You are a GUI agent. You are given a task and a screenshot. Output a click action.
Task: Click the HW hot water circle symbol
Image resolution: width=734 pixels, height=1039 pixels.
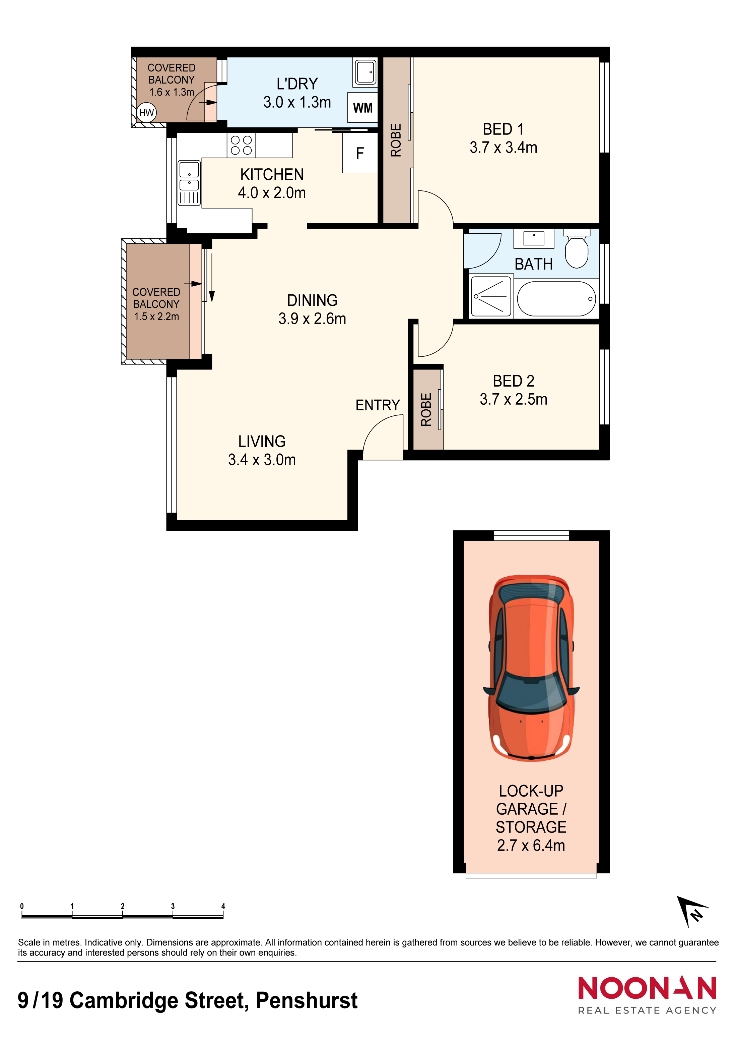pyautogui.click(x=146, y=113)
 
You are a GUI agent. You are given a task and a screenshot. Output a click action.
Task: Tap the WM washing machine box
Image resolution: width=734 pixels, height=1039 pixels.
pyautogui.click(x=362, y=108)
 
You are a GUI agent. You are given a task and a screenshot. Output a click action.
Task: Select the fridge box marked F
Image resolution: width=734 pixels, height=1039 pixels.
pyautogui.click(x=360, y=153)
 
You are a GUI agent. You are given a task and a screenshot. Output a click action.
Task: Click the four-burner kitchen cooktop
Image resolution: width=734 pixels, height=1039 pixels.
pyautogui.click(x=241, y=145)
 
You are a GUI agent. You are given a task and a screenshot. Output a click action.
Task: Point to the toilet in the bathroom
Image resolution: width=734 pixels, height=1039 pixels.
pyautogui.click(x=577, y=248)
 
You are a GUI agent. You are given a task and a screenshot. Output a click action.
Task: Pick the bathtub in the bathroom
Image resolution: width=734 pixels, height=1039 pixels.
pyautogui.click(x=556, y=299)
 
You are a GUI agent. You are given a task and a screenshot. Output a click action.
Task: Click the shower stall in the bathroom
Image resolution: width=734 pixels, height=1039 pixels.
pyautogui.click(x=491, y=296)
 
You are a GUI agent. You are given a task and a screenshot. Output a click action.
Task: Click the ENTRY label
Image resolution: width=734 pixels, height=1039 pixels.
pyautogui.click(x=378, y=405)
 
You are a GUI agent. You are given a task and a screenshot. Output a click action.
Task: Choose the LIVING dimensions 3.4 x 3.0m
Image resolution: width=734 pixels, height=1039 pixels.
pyautogui.click(x=262, y=460)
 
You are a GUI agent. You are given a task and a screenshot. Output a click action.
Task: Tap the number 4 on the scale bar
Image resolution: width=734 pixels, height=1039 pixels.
pyautogui.click(x=223, y=906)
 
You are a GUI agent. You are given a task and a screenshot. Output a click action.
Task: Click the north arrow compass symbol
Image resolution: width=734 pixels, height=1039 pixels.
pyautogui.click(x=692, y=911)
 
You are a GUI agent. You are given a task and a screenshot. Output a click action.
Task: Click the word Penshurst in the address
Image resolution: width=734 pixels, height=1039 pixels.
pyautogui.click(x=307, y=1000)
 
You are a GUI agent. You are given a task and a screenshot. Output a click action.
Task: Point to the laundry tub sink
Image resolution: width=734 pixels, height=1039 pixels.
pyautogui.click(x=365, y=72)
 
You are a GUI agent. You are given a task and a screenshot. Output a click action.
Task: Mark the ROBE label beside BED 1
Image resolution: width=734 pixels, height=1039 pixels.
pyautogui.click(x=396, y=140)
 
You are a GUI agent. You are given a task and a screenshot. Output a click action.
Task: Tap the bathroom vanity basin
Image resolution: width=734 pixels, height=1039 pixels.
pyautogui.click(x=534, y=238)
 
